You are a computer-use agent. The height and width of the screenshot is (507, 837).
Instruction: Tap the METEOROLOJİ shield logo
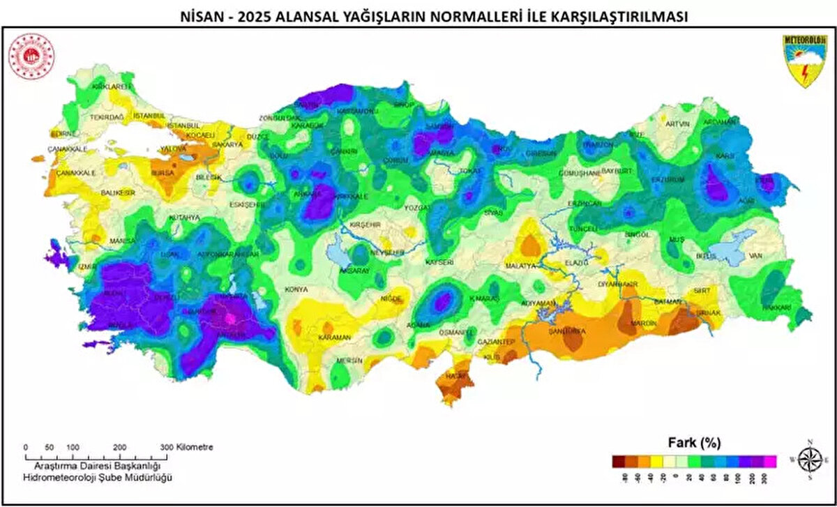pyautogui.click(x=804, y=61)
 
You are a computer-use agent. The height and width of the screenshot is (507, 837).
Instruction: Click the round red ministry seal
pyautogui.click(x=31, y=56)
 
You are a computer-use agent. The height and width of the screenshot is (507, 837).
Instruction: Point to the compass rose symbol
pyautogui.click(x=810, y=460)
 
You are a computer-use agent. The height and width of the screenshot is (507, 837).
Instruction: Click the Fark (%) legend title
pyautogui.click(x=694, y=442)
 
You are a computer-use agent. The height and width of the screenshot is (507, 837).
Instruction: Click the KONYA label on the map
pyautogui.click(x=296, y=289)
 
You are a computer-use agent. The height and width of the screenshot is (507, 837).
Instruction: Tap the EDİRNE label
pyautogui.click(x=62, y=133)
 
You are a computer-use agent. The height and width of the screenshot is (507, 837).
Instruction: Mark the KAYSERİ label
pyautogui.click(x=439, y=262)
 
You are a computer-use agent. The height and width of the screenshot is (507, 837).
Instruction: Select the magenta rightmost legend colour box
pyautogui.click(x=770, y=460)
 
